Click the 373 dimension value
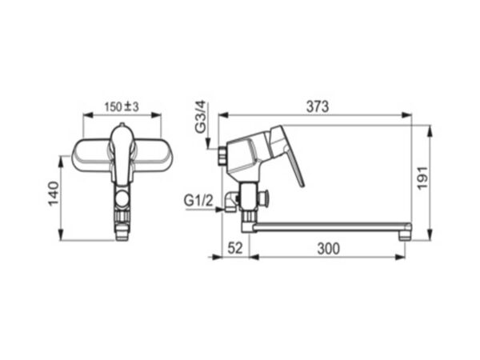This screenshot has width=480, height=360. click(318, 106)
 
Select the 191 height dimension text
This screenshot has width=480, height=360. click(422, 178)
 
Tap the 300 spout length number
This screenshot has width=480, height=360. click(329, 249)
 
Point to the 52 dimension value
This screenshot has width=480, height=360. click(235, 248)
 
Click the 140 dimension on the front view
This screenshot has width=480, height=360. click(54, 194)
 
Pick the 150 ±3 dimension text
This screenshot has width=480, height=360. click(122, 107)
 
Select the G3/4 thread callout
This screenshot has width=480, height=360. click(201, 117)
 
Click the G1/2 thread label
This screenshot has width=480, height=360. click(198, 201)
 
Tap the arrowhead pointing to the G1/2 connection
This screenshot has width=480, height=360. click(218, 210)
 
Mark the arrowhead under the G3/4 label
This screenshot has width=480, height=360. click(208, 143)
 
